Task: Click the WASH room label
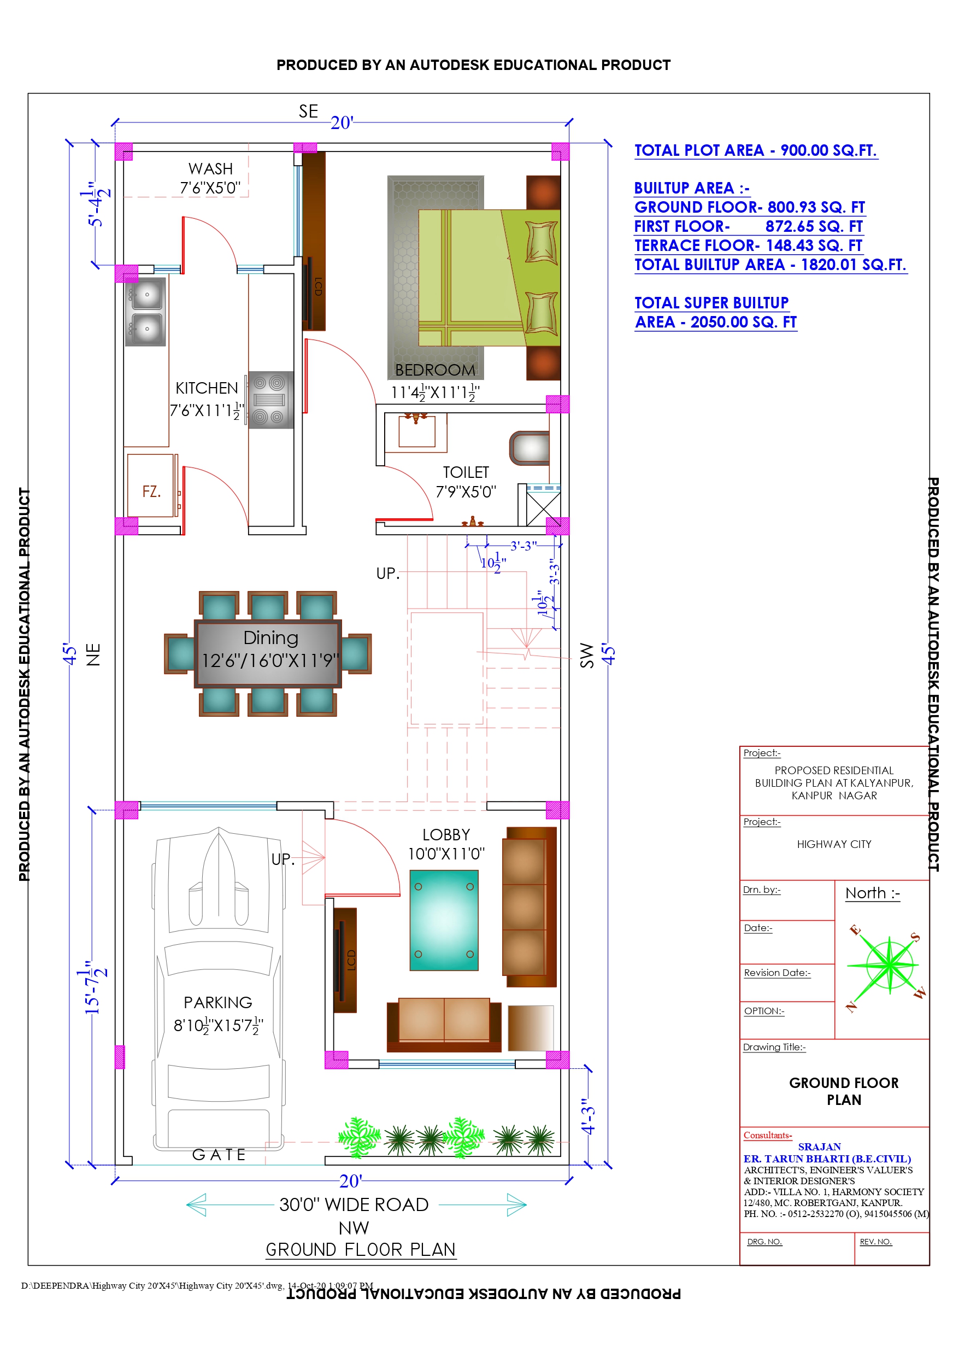[x=210, y=169]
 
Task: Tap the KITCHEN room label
[x=207, y=388]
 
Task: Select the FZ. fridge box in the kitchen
[x=152, y=486]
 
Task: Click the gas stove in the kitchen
[x=270, y=400]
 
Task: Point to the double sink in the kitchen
[x=145, y=312]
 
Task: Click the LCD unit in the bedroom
[x=314, y=241]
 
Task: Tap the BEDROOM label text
[x=435, y=371]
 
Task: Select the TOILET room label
[x=466, y=473]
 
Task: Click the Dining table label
[x=270, y=637]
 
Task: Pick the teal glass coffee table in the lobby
[x=444, y=920]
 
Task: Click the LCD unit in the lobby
[x=345, y=961]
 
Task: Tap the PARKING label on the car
[x=217, y=1003]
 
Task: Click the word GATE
[x=219, y=1155]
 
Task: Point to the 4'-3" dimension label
[x=588, y=1116]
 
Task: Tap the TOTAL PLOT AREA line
[x=756, y=151]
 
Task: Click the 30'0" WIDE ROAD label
[x=354, y=1204]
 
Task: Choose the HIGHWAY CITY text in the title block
[x=834, y=845]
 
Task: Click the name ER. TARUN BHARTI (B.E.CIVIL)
[x=827, y=1159]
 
